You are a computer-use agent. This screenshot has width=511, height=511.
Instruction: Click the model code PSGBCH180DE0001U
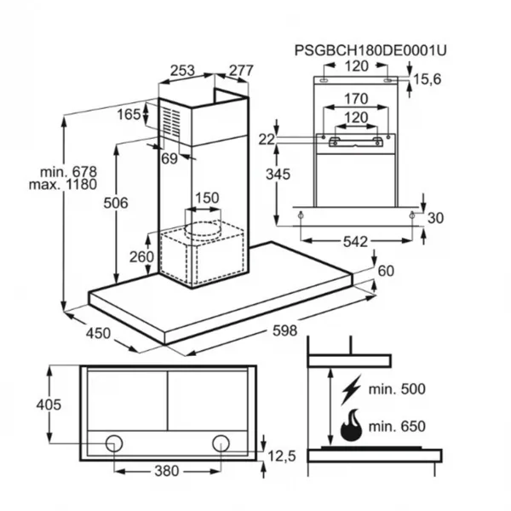click(x=370, y=50)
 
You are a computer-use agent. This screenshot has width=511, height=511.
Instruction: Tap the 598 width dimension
click(x=284, y=330)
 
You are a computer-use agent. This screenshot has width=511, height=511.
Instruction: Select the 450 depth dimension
click(x=98, y=333)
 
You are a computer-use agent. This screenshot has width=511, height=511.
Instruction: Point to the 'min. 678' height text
click(x=68, y=171)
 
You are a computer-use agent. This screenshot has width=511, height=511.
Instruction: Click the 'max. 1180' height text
click(x=63, y=185)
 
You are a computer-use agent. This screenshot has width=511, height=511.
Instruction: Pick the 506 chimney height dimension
click(x=116, y=203)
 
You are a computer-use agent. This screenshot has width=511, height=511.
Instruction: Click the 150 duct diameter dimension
click(x=207, y=198)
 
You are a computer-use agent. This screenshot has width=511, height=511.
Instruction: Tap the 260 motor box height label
click(x=141, y=257)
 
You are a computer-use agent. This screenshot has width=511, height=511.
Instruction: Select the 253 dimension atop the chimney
click(x=182, y=71)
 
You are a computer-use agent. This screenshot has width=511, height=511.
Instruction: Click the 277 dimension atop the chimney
click(x=241, y=71)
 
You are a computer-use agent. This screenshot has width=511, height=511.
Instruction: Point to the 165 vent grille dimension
click(x=129, y=114)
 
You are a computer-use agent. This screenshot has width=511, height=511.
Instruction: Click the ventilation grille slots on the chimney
click(x=171, y=121)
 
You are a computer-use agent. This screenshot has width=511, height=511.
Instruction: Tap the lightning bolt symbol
click(x=351, y=389)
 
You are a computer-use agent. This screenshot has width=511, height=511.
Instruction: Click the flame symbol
click(x=351, y=425)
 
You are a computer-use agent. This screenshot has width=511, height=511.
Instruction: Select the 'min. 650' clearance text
click(x=397, y=427)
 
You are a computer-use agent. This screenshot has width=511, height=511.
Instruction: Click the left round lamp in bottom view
click(x=114, y=443)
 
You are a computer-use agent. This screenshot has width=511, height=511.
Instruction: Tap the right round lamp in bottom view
click(x=221, y=443)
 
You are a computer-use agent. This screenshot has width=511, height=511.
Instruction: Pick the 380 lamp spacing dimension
click(x=167, y=471)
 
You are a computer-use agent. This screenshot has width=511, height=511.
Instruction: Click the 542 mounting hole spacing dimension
click(x=355, y=242)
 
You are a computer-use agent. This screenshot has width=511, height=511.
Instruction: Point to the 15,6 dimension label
click(x=427, y=79)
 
